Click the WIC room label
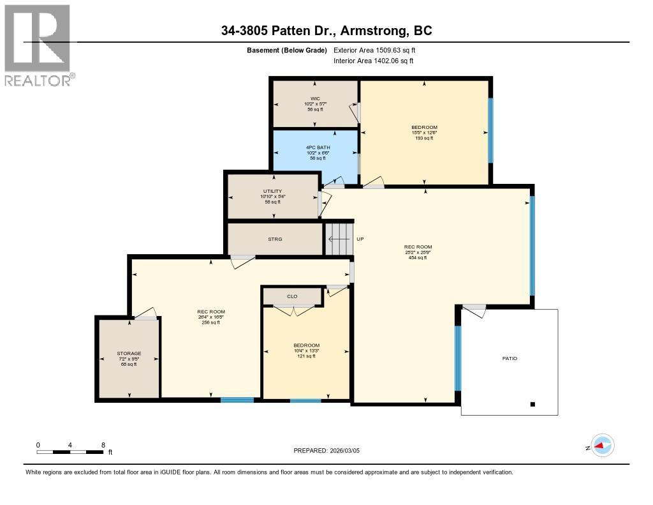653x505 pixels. pos(315,98)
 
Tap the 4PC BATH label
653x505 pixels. pos(315,147)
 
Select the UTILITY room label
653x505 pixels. pos(272,191)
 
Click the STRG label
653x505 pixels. pos(275,239)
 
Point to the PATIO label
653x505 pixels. pos(509,358)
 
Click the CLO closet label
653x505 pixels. pos(292,296)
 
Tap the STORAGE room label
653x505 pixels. pos(129,353)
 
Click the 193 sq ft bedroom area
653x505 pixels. pos(424,138)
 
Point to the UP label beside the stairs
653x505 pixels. pos(360,239)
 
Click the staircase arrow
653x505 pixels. pos(338,239)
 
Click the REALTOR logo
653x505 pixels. pos(38,45)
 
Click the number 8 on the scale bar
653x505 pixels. pos(103,445)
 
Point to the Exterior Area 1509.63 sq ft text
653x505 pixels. pos(375,50)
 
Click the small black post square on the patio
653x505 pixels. pos(532,404)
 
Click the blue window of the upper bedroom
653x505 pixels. pos(490,130)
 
